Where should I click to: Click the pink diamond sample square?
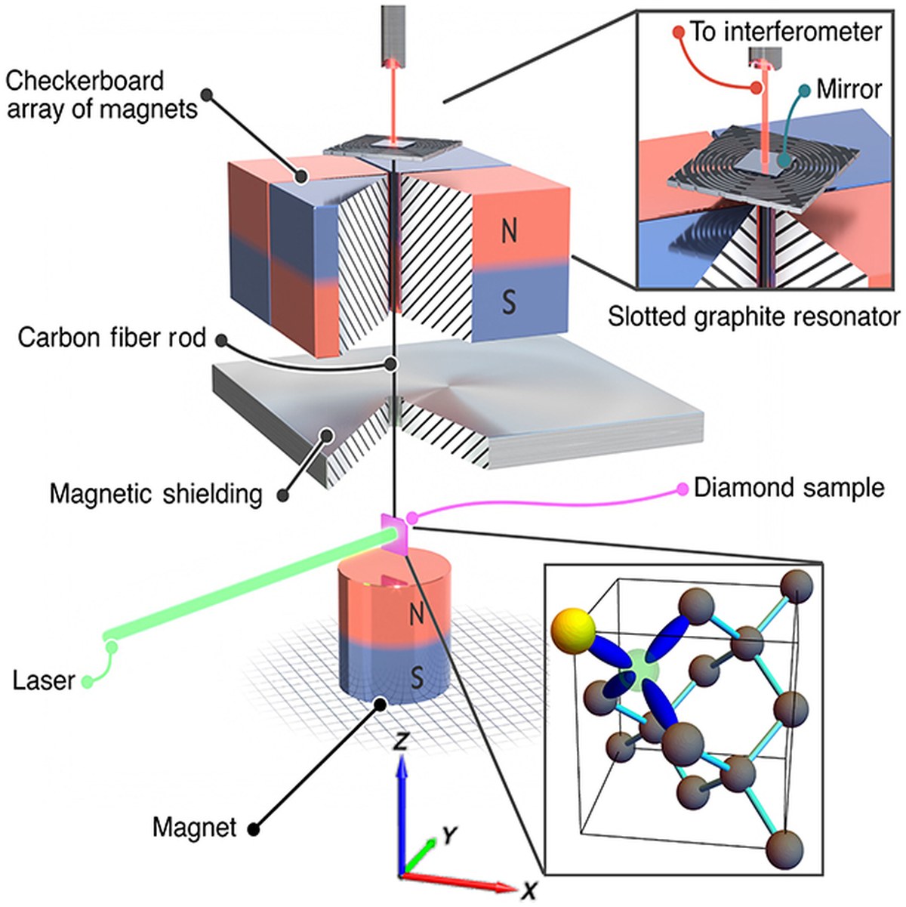coord(396,534)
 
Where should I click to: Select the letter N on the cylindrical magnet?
coord(417,614)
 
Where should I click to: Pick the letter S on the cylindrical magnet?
coord(417,678)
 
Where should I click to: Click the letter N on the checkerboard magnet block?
coord(509,232)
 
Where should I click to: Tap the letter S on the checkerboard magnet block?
coord(509,302)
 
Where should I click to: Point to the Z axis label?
coord(400,742)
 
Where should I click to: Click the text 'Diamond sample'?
coord(789,488)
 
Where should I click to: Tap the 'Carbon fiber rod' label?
coord(112,338)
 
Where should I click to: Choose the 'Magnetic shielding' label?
coord(156,495)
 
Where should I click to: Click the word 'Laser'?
coord(44,681)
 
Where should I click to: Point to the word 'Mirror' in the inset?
coord(849,89)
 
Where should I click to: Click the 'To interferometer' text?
coord(785,32)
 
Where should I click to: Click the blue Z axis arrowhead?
coord(400,770)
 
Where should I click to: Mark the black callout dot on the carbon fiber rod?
coord(390,364)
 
